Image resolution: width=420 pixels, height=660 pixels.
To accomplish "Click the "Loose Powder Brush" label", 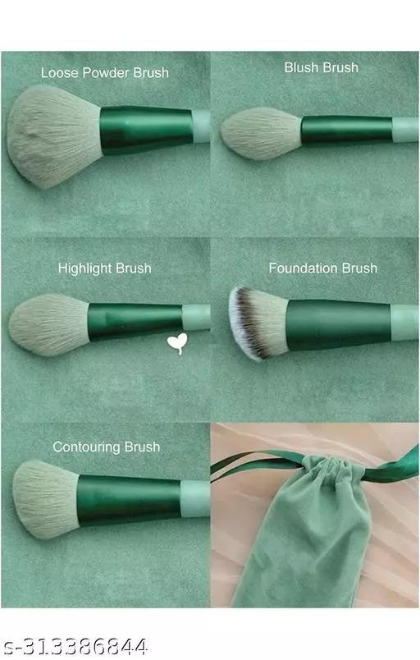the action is pos(105,72).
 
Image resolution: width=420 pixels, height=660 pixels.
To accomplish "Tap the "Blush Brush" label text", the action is pos(322,67).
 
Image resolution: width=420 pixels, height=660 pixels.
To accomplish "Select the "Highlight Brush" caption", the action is pos(105,268).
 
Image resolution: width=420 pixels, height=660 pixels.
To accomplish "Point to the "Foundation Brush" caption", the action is pos(323,268).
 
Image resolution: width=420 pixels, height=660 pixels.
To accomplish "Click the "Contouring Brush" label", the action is pos(107,447).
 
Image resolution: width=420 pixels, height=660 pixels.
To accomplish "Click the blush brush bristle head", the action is pos(262,133).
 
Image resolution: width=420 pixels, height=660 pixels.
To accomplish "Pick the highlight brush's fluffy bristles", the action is pos(48,325).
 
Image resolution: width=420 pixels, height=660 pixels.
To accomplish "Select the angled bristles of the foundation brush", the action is pos(258,322).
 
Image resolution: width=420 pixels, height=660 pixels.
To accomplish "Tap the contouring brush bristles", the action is pos(45,499).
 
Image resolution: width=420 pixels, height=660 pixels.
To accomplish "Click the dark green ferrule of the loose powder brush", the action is pos(147,130).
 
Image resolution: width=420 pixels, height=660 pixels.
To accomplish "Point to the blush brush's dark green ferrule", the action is pos(347,130).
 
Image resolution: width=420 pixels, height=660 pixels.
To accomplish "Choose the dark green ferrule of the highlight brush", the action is pos(135,321).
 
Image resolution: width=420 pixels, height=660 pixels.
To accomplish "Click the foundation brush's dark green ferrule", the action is pos(339,324).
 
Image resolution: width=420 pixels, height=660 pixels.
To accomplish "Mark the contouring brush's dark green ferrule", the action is pos(130,500).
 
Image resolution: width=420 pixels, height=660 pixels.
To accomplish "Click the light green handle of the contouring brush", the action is pos(195,499).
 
